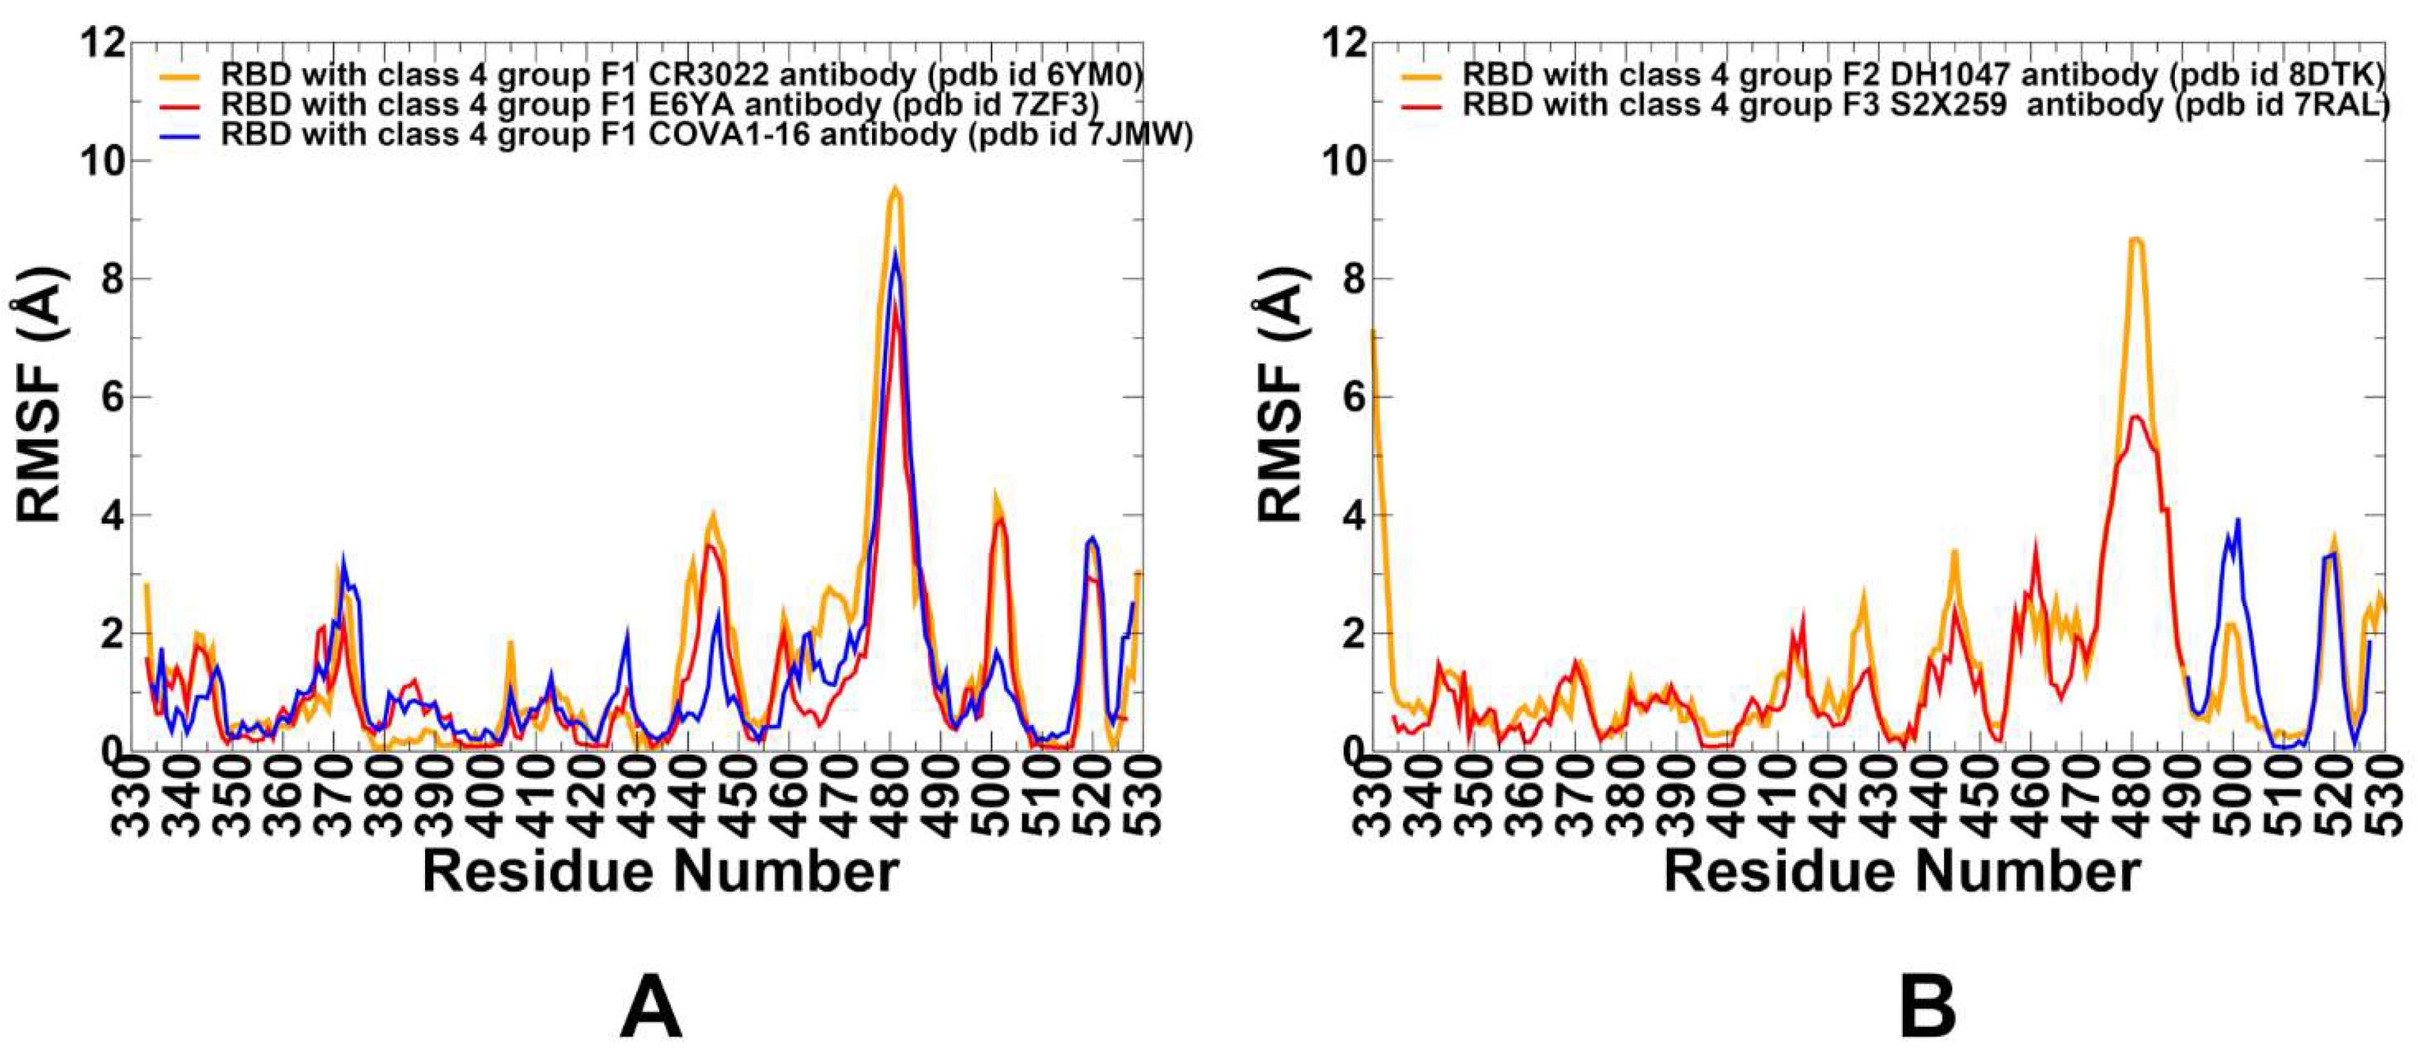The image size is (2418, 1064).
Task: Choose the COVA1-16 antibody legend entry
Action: coord(706,135)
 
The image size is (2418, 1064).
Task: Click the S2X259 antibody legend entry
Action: coord(1924,105)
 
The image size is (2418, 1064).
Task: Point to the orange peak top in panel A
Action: coord(895,190)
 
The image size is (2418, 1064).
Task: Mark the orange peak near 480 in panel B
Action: coord(2138,241)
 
